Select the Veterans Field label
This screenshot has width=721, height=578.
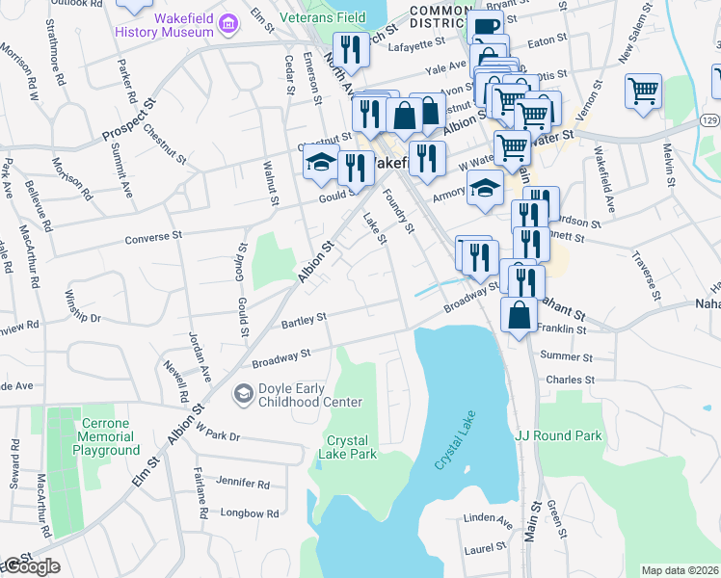[323, 17]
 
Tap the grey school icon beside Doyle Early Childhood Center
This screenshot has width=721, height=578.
[243, 395]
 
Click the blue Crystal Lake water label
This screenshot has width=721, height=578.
[454, 447]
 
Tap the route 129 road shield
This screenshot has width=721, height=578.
[708, 118]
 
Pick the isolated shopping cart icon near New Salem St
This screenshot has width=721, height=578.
[643, 92]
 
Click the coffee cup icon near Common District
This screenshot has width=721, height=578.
[487, 27]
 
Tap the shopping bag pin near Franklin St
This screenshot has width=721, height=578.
[520, 314]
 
